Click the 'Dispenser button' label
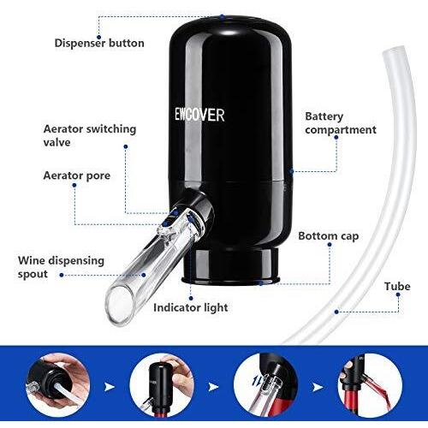pyautogui.click(x=99, y=43)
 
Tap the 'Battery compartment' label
pyautogui.click(x=341, y=123)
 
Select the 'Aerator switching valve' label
pyautogui.click(x=90, y=135)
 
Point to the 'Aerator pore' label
pyautogui.click(x=77, y=175)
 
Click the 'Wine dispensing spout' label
pyautogui.click(x=61, y=267)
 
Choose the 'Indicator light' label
pyautogui.click(x=191, y=307)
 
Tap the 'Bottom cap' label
pyautogui.click(x=329, y=236)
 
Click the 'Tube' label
pyautogui.click(x=397, y=286)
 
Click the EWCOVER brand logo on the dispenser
pyautogui.click(x=199, y=115)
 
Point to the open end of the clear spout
pyautogui.click(x=121, y=305)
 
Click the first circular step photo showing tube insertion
pyautogui.click(x=58, y=386)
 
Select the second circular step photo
pyautogui.click(x=162, y=386)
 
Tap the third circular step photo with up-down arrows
pyautogui.click(x=266, y=386)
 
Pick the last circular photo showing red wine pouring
pyautogui.click(x=370, y=386)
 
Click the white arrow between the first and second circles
pyautogui.click(x=110, y=387)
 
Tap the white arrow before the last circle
pyautogui.click(x=318, y=387)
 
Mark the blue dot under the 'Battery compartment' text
pyautogui.click(x=336, y=137)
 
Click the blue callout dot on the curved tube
pyautogui.click(x=336, y=312)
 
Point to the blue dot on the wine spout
pyautogui.click(x=144, y=275)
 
